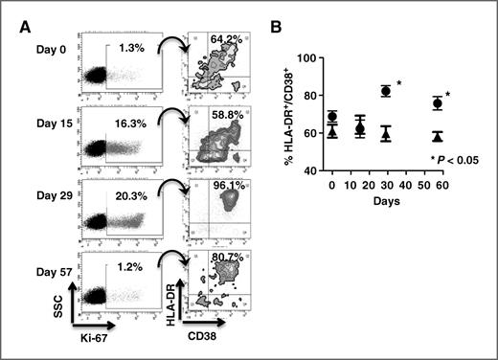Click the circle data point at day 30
(386, 91)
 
